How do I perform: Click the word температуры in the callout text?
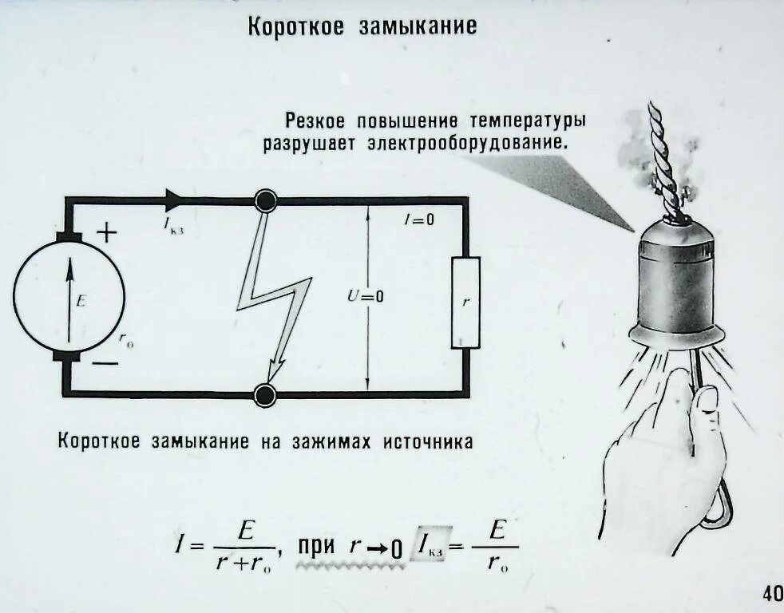528,121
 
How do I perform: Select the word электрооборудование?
468,145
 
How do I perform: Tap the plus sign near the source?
106,232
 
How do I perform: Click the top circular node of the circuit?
265,200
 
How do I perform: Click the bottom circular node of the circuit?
265,394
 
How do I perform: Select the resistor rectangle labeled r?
465,303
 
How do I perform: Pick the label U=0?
365,296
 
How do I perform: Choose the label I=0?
418,220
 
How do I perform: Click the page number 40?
772,593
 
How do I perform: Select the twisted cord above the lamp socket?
665,160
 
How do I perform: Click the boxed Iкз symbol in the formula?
430,547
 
